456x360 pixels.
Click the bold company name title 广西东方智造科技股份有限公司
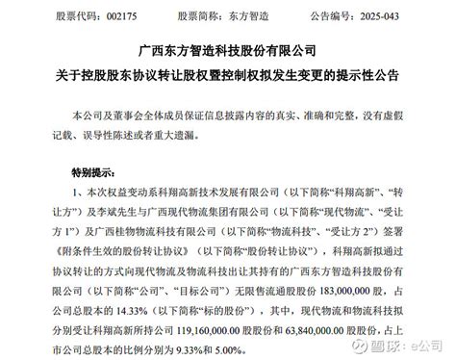[x=228, y=49]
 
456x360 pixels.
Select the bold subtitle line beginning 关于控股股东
[x=228, y=76]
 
